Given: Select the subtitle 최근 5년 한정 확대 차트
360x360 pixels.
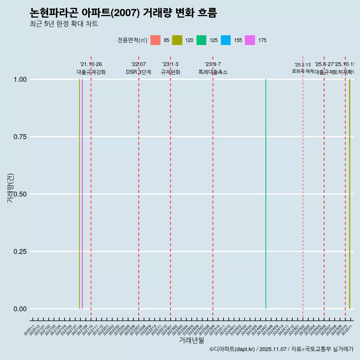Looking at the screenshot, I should pos(64,24).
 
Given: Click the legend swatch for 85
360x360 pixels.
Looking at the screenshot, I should pos(155,40).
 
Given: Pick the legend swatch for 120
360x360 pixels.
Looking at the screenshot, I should pos(177,40).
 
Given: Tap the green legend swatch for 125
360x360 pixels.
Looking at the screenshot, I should pos(201,40).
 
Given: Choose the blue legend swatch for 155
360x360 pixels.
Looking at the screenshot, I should pos(226,40).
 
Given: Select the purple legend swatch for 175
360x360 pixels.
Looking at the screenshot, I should pos(250,40).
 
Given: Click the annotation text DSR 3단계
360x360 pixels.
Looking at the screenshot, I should pos(138,72).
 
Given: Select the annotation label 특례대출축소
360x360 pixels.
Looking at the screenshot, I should pos(213,72).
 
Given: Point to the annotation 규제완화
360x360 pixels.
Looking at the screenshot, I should pos(171,72).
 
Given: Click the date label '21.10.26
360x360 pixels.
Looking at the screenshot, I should pos(91,64).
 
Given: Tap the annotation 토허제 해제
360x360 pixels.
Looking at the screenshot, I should pos(303,71).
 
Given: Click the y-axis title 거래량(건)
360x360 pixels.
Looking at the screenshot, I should pos(10,188).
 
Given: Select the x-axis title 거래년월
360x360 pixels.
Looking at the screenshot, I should pos(191,340).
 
